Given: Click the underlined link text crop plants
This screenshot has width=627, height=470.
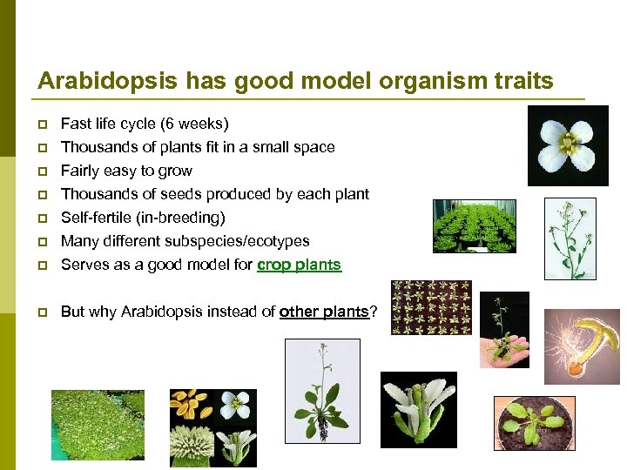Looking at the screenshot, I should coord(299,265).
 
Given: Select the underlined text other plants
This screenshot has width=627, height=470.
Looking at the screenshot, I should coord(324,312).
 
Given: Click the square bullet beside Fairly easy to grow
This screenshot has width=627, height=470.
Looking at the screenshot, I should coord(42,171).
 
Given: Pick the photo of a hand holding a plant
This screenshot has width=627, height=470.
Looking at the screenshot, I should coord(504,330).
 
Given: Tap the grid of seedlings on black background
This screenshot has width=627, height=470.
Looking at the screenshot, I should coord(431,308).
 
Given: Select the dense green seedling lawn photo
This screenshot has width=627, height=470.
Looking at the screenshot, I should coord(98,424).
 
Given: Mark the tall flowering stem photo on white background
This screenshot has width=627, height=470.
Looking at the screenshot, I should coord(570,238).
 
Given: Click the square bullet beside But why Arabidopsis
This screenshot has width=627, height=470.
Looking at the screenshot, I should coord(42,312).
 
